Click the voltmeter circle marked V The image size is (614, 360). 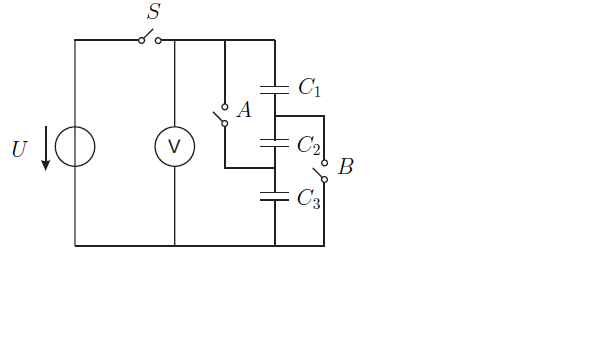pos(175,127)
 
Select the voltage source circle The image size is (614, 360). pos(75,127)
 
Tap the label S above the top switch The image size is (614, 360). pos(154,11)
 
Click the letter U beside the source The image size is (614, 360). pos(19,149)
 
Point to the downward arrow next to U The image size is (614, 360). pos(46,148)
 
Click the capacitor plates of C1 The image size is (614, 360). pos(274,90)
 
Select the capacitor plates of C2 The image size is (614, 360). pos(274,143)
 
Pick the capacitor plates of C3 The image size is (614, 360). pos(274,196)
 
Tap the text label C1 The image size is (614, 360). pos(309,87)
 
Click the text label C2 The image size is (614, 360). pos(309,145)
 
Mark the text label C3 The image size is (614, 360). pos(309,198)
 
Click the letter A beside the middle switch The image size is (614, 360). pos(244,110)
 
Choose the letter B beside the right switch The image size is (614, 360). pos(346,166)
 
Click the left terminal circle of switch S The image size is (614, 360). pos(141,40)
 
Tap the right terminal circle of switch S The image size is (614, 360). pos(158,40)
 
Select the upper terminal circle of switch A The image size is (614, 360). pos(225,107)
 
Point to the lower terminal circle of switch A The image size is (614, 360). pos(225,124)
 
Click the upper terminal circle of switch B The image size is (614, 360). pos(324,163)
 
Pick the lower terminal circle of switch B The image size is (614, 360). pos(324,180)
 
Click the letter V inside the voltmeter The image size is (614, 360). pos(174,147)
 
